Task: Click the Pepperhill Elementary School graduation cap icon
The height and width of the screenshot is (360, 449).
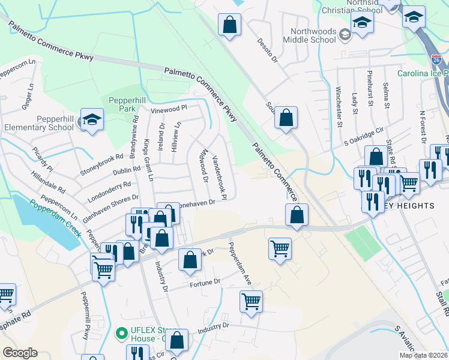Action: (92, 121)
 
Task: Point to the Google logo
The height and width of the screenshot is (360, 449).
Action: (20, 353)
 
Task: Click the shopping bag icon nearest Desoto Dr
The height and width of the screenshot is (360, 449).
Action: (229, 26)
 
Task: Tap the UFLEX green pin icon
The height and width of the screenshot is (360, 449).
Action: (121, 331)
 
